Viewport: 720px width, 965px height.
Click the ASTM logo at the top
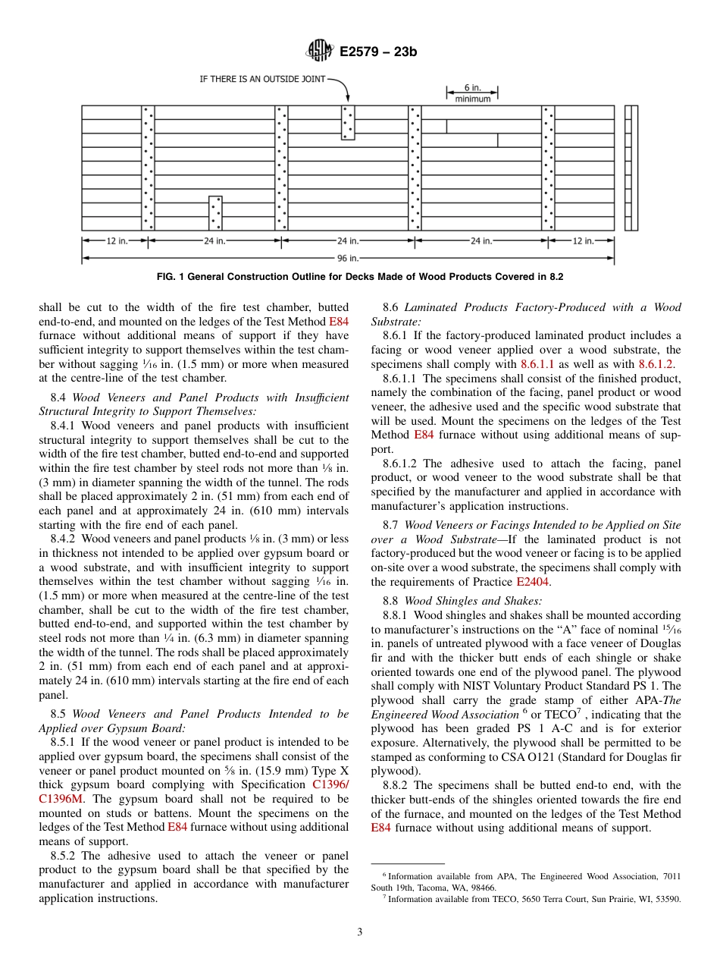tap(319, 52)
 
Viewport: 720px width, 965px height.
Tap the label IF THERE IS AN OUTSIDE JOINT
tap(262, 79)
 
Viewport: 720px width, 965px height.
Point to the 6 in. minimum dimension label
tap(472, 94)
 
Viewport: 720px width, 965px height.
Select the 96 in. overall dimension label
tap(348, 258)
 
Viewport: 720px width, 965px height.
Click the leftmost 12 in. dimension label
tap(116, 241)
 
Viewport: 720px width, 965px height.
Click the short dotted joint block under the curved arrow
tap(348, 123)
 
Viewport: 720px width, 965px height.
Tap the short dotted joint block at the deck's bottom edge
tap(215, 213)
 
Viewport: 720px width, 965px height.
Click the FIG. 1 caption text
tap(360, 277)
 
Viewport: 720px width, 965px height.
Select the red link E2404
tap(532, 582)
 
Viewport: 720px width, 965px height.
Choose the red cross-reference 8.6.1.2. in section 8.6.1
tap(656, 364)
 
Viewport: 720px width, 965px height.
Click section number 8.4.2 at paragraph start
tap(64, 539)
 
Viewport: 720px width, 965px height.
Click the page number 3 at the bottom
tap(360, 932)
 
